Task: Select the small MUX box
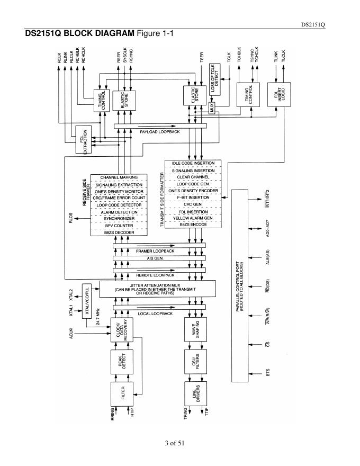point(212,107)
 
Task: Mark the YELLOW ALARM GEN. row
point(193,218)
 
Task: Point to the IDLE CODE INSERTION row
point(193,163)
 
